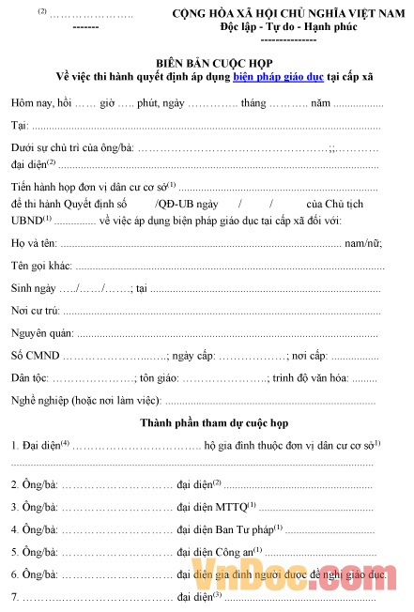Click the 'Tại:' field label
click(x=19, y=125)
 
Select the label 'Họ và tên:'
click(x=34, y=244)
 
